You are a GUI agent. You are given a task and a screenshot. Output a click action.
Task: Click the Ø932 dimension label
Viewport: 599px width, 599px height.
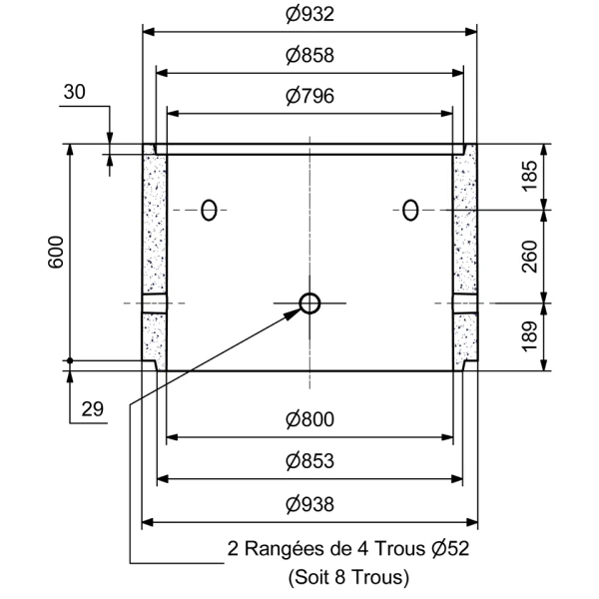(x=308, y=15)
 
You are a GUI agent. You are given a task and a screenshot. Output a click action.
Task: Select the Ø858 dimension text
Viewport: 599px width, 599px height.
(x=308, y=56)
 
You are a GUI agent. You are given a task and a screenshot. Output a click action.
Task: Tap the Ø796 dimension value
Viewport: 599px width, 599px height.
(x=308, y=96)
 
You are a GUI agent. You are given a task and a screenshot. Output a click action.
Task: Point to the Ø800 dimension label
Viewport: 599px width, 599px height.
(x=308, y=420)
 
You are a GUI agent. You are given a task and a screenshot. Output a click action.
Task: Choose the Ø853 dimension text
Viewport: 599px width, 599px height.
(x=308, y=461)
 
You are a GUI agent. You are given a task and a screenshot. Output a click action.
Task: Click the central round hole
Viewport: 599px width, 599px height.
(x=309, y=302)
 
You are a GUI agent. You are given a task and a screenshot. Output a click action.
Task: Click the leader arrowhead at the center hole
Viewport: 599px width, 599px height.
(x=294, y=311)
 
